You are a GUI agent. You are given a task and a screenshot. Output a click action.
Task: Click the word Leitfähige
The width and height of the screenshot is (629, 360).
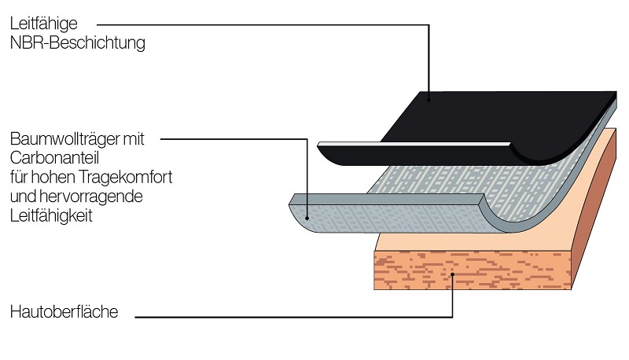point(44,24)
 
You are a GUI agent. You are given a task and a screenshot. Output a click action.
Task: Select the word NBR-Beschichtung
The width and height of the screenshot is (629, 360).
point(78,43)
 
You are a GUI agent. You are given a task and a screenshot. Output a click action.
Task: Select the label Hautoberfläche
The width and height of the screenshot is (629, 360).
point(64,312)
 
